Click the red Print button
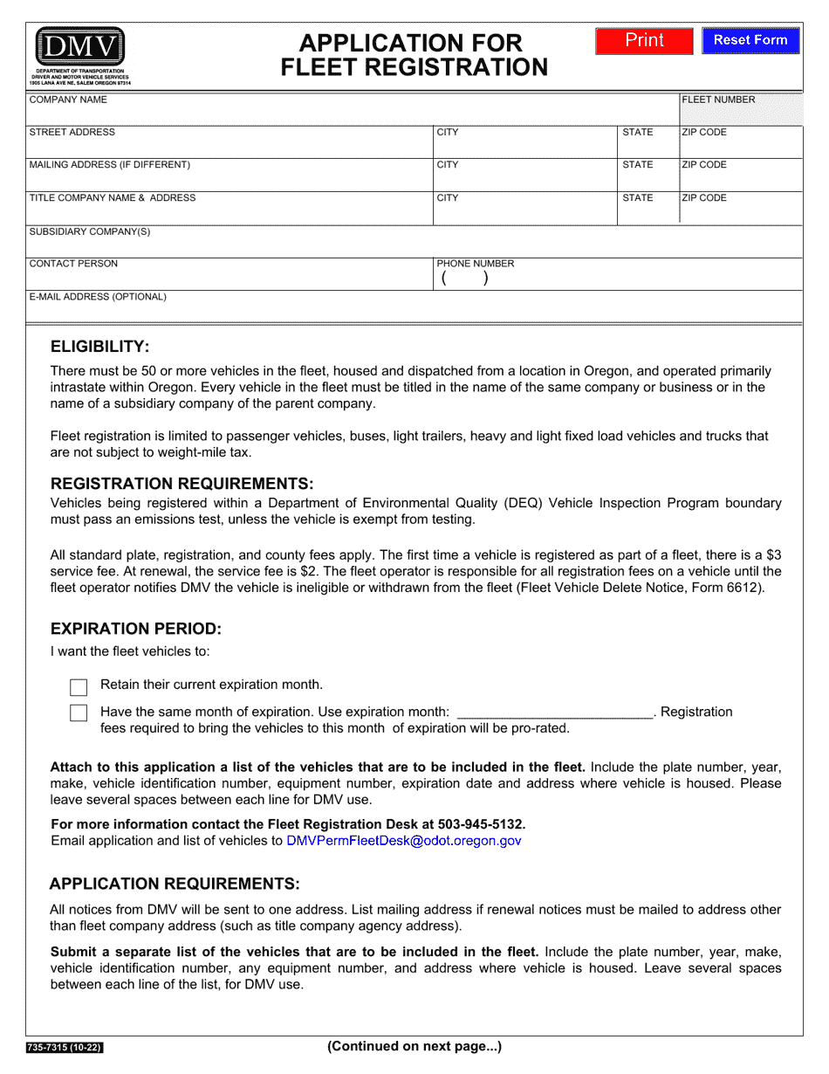644,41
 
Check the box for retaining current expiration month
79,686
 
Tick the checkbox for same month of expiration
79,713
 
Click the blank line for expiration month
555,712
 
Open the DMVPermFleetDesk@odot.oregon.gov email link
403,841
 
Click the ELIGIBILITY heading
100,346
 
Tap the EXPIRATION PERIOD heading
136,629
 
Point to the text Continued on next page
414,1046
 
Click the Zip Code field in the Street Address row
740,145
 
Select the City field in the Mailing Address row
525,178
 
